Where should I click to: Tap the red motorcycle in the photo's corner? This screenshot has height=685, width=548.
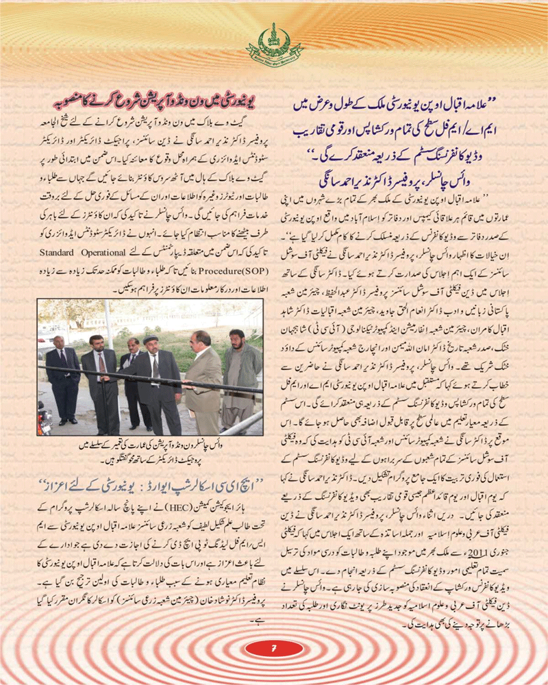coord(44,419)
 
